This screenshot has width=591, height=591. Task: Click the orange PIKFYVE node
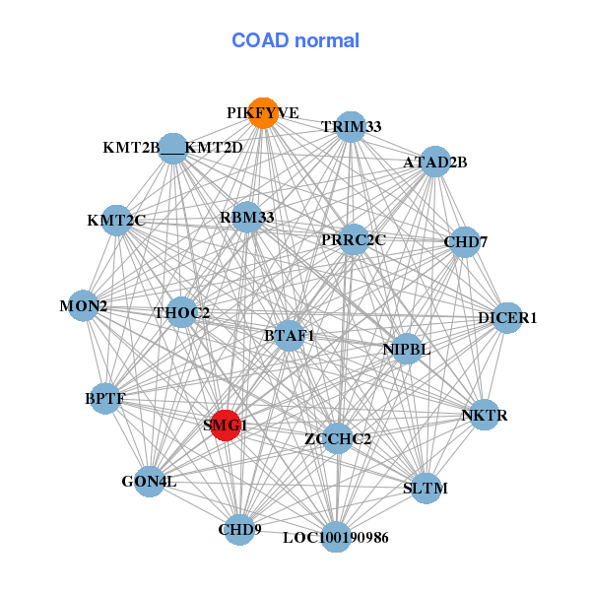[x=262, y=112]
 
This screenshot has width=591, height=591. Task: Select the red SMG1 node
[x=226, y=426]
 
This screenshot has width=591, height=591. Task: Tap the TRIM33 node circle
[x=352, y=127]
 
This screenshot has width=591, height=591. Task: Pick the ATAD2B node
[x=435, y=162]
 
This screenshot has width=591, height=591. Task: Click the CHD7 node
[x=465, y=241]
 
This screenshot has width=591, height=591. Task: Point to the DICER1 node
[x=507, y=317]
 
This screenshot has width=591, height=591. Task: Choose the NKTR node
[x=484, y=416]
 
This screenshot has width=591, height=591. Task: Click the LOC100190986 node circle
[x=336, y=537]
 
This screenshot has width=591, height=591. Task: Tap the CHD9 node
[x=239, y=529]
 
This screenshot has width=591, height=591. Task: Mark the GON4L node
[x=149, y=482]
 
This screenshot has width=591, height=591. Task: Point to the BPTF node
[x=105, y=398]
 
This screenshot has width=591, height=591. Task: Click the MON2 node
[x=84, y=305]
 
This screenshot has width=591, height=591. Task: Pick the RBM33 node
[x=247, y=217]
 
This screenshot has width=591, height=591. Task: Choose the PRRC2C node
[x=354, y=239]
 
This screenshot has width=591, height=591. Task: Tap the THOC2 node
[x=182, y=313]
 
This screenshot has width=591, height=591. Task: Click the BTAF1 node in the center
[x=289, y=335]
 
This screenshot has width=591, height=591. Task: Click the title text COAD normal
[x=295, y=41]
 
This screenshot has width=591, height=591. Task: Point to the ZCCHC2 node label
[x=338, y=438]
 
